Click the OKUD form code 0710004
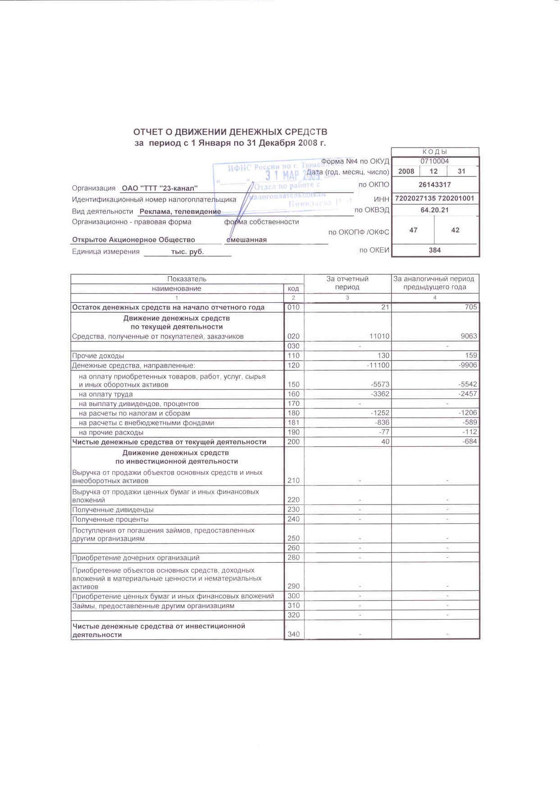click(x=434, y=161)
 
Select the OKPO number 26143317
click(x=434, y=184)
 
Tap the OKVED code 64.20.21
click(x=434, y=210)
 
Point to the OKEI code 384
click(x=434, y=250)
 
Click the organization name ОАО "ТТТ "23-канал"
click(x=160, y=188)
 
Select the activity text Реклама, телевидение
click(x=180, y=211)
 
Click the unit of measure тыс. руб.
click(x=187, y=252)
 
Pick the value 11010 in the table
click(x=378, y=336)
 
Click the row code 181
click(x=294, y=423)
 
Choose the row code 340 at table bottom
click(x=294, y=634)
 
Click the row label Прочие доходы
click(x=98, y=356)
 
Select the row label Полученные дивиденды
click(x=113, y=509)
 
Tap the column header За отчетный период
click(x=347, y=283)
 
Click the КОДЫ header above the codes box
click(x=434, y=152)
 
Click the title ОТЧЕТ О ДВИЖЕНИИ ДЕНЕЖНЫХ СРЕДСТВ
click(x=230, y=132)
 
